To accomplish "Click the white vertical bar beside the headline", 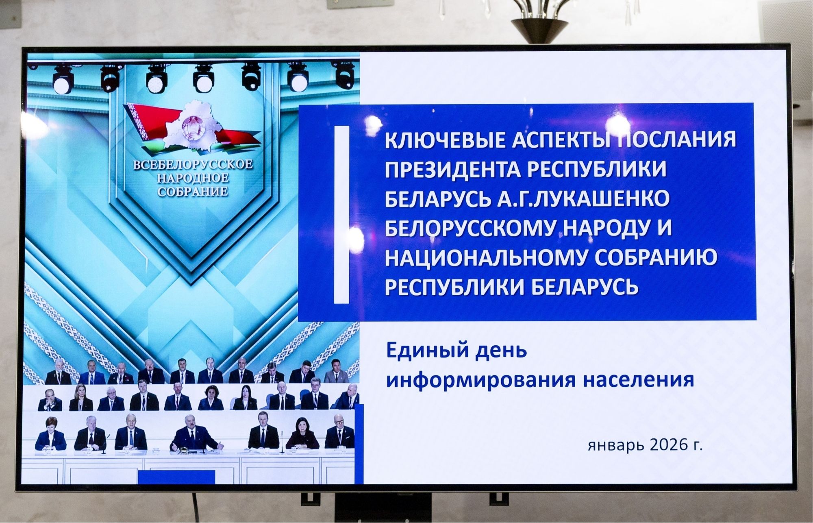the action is pos(341,214).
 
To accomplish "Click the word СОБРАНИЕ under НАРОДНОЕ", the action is pos(193,192).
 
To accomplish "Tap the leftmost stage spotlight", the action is pos(61,80).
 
